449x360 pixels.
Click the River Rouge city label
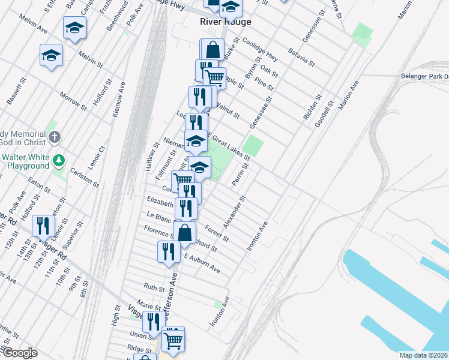(225, 22)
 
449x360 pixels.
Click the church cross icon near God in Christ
(55, 137)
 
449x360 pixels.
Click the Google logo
(19, 353)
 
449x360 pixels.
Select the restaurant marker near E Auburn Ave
(169, 251)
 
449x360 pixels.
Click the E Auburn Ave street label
(202, 263)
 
